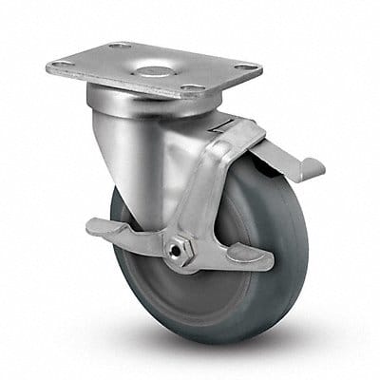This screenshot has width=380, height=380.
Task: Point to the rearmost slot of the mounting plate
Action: click(120, 45)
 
